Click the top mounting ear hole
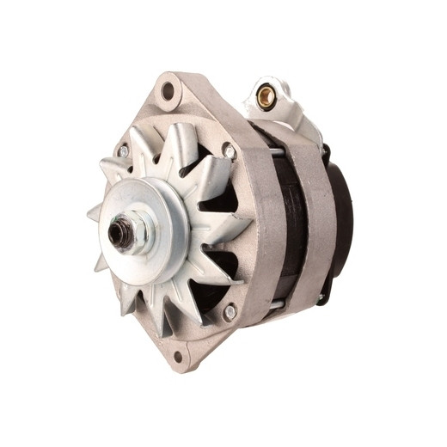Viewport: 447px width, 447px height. pos(167,89)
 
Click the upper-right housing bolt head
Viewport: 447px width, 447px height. pos(229,152)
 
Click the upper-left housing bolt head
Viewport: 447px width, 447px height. pos(124,151)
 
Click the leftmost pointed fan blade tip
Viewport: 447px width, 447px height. pos(89,212)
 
